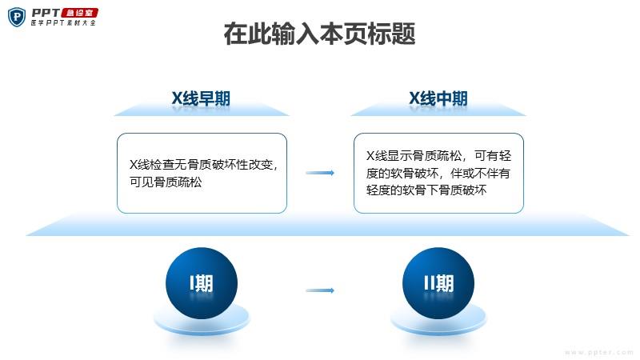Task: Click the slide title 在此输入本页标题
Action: [319, 34]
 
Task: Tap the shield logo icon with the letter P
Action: [17, 17]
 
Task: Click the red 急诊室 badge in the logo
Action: [79, 13]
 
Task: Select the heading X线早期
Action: [201, 98]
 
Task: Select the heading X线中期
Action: [438, 98]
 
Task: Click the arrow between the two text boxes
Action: [320, 173]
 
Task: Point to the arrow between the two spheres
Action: [320, 290]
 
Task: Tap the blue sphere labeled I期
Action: [202, 283]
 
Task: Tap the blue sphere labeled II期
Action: [438, 283]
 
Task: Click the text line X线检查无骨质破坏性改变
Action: [203, 165]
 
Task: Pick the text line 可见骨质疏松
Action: [166, 182]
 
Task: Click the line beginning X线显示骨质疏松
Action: [438, 155]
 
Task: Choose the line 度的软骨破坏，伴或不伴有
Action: [438, 173]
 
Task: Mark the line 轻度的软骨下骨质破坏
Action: [426, 190]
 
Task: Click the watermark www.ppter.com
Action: [599, 352]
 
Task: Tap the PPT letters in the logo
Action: [46, 13]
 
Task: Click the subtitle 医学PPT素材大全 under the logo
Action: [63, 23]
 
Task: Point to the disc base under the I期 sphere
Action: [202, 322]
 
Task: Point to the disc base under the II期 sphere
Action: [438, 322]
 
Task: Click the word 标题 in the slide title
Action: [391, 34]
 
